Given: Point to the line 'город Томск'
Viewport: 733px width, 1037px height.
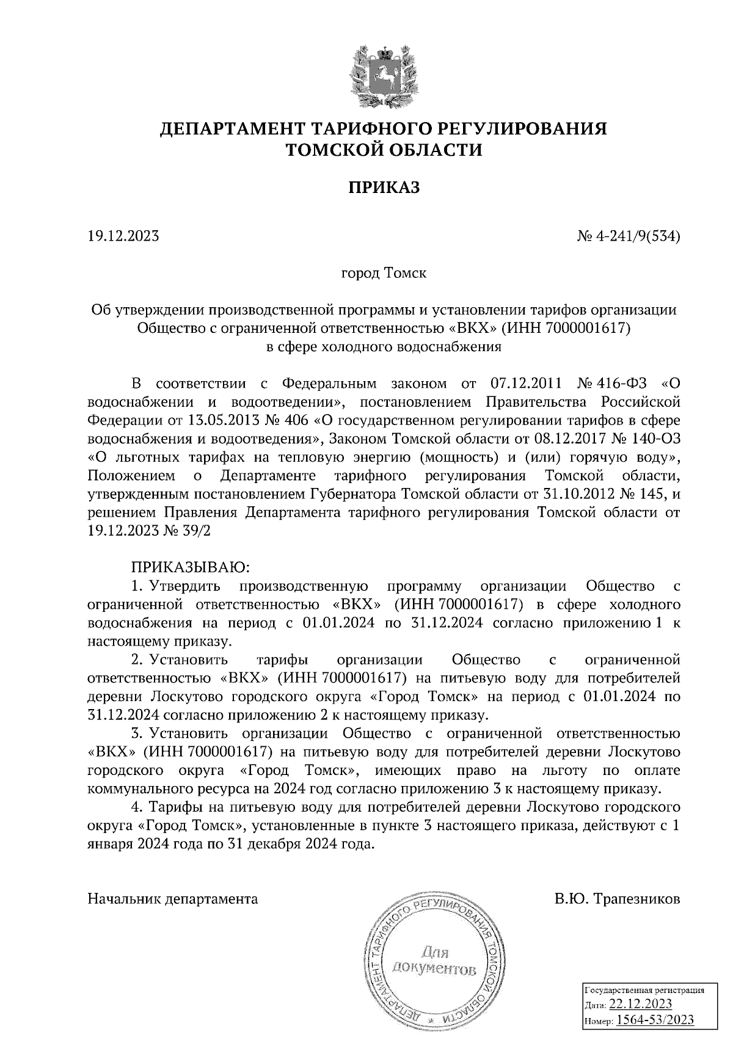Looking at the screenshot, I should (384, 273).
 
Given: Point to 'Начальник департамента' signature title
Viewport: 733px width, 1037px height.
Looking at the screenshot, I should (173, 899).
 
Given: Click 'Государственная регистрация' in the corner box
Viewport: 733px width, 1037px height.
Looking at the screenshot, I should (645, 990).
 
